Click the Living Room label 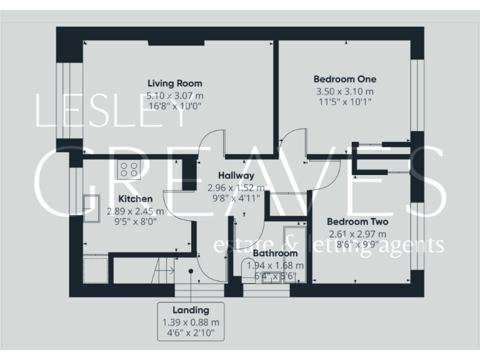[174, 83]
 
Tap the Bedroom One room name [344, 79]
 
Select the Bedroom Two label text [357, 222]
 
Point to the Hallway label [236, 176]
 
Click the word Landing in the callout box [191, 310]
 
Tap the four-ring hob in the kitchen [129, 169]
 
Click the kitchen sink [92, 207]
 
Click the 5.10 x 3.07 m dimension [174, 96]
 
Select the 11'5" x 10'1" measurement [344, 101]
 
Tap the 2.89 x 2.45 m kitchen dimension [129, 211]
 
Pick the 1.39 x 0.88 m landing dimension [191, 322]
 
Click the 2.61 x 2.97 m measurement [357, 234]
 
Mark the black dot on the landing [191, 271]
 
